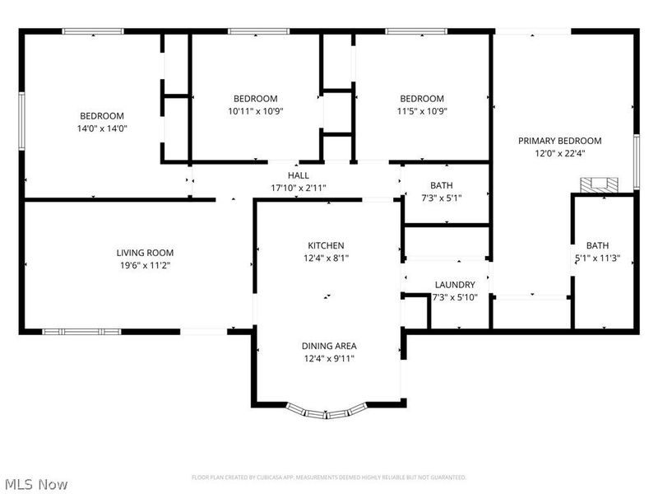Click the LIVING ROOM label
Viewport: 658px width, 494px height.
145,253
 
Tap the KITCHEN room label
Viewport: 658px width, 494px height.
326,245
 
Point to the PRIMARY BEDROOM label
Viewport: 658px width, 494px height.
559,141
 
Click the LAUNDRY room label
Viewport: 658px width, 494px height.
455,285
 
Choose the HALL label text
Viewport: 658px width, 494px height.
299,175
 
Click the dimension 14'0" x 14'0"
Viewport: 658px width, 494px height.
102,128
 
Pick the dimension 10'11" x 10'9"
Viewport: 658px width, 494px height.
255,110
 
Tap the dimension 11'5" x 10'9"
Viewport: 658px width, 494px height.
421,110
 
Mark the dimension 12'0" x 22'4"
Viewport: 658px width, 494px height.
559,152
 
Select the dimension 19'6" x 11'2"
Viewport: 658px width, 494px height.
145,265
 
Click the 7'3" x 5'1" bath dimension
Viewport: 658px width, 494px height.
441,198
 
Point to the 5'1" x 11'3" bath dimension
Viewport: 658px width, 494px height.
597,257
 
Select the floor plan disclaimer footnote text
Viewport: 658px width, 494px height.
328,478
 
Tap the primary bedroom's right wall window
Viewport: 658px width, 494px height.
636,161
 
